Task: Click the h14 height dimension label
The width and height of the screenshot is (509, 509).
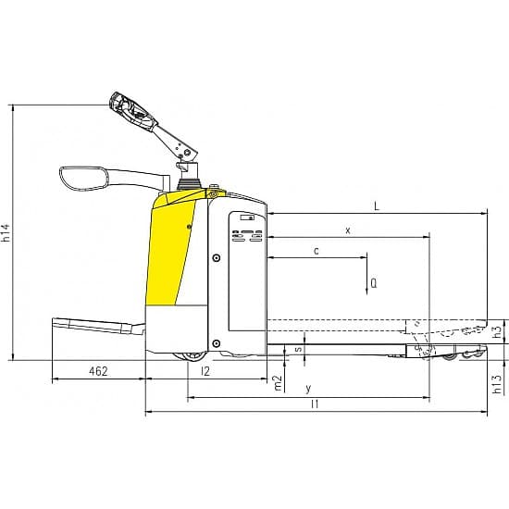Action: pyautogui.click(x=6, y=232)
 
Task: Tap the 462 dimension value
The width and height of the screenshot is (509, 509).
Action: pyautogui.click(x=98, y=371)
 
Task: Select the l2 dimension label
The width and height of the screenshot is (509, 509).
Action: pyautogui.click(x=205, y=371)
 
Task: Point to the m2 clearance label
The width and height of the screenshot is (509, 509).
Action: pyautogui.click(x=279, y=383)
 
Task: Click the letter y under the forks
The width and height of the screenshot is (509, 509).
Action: pyautogui.click(x=308, y=389)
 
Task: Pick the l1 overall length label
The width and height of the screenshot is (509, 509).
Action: pyautogui.click(x=315, y=404)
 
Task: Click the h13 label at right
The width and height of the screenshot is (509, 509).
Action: pyautogui.click(x=497, y=384)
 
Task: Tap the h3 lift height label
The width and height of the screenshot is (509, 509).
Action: pyautogui.click(x=497, y=331)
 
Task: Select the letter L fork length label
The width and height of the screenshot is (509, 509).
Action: pyautogui.click(x=377, y=206)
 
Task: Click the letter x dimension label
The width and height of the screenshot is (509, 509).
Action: pyautogui.click(x=348, y=230)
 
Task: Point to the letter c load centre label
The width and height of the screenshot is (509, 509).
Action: pyautogui.click(x=317, y=251)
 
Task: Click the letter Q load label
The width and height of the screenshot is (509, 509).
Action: pyautogui.click(x=374, y=283)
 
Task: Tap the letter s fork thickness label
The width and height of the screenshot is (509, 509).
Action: pyautogui.click(x=298, y=349)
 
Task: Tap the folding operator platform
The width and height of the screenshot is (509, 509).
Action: pyautogui.click(x=99, y=327)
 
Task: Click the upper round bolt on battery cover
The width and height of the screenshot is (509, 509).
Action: pyautogui.click(x=217, y=258)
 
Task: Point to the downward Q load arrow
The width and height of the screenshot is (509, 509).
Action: pyautogui.click(x=366, y=273)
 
